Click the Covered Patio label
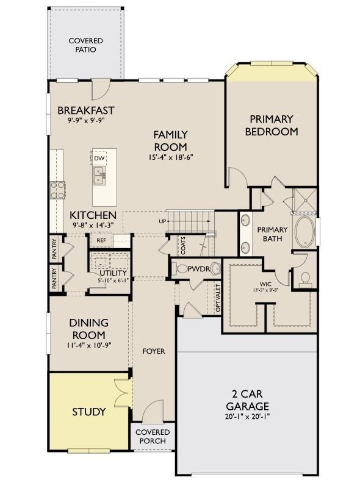pyautogui.click(x=85, y=45)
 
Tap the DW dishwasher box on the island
pyautogui.click(x=99, y=159)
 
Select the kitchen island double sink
pyautogui.click(x=99, y=176)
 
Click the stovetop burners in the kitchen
pyautogui.click(x=58, y=190)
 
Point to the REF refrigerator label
pyautogui.click(x=101, y=240)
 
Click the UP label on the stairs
pyautogui.click(x=162, y=221)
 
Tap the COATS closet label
pyautogui.click(x=183, y=246)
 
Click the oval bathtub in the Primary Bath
pyautogui.click(x=305, y=232)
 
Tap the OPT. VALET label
pyautogui.click(x=218, y=298)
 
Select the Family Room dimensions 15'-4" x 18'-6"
pyautogui.click(x=171, y=157)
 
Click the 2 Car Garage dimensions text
pyautogui.click(x=248, y=416)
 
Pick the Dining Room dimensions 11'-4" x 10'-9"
pyautogui.click(x=88, y=345)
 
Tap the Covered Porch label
pyautogui.click(x=153, y=437)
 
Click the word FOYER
pyautogui.click(x=154, y=351)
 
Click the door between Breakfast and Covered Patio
pyautogui.click(x=100, y=89)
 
